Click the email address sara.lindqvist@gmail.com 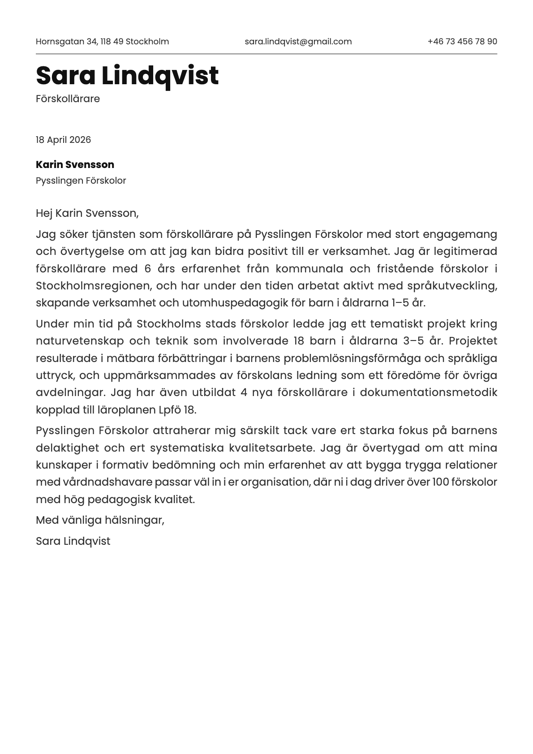[x=298, y=42]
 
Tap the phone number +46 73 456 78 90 [x=462, y=42]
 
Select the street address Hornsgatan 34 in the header [x=66, y=42]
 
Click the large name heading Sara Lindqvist [x=127, y=75]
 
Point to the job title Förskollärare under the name [x=68, y=99]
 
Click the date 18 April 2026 [x=63, y=140]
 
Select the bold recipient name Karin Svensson [x=75, y=164]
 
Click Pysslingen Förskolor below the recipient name [x=81, y=181]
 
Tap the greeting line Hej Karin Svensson [x=87, y=213]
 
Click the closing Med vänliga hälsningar [x=100, y=520]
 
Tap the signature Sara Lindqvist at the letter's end [x=73, y=541]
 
